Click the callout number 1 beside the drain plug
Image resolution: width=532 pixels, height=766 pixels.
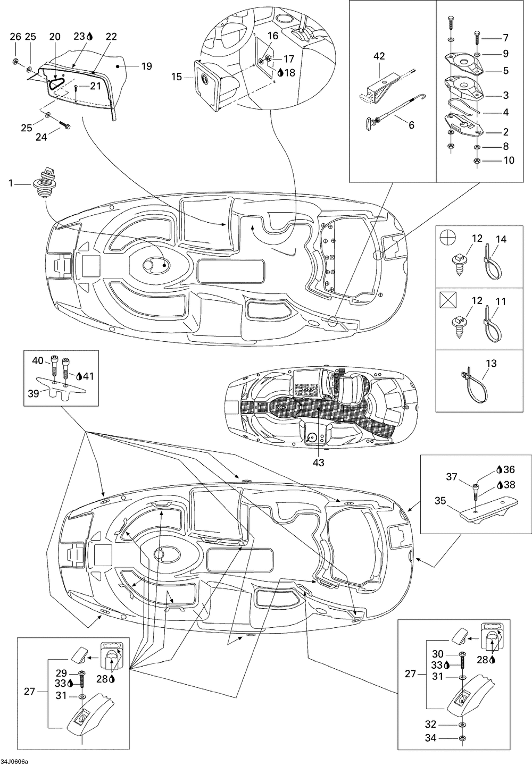point(10,183)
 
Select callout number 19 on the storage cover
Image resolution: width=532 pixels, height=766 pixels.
point(146,66)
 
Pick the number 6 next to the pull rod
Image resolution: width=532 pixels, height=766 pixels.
point(411,125)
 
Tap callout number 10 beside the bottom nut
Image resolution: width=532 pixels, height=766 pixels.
point(509,159)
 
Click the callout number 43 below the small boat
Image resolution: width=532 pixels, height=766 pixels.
point(318,462)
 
